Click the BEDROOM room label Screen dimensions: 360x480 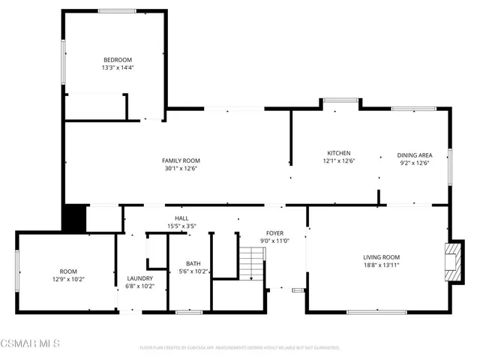click(x=117, y=60)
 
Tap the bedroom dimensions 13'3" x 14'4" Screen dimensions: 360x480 click(x=117, y=68)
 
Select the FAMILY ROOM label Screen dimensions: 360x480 click(x=181, y=160)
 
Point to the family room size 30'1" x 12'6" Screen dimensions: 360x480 click(x=181, y=169)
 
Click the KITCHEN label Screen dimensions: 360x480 click(x=338, y=153)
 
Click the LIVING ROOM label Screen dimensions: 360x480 click(x=382, y=257)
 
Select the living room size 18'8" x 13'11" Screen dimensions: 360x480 click(x=382, y=265)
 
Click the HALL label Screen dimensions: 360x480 click(x=181, y=217)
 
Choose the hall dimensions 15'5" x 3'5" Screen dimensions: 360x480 click(x=181, y=226)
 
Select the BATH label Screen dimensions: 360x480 click(x=193, y=263)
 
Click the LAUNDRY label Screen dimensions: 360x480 click(x=139, y=277)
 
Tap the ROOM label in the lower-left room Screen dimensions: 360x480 click(x=68, y=271)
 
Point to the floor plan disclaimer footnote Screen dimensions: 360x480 click(x=239, y=348)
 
